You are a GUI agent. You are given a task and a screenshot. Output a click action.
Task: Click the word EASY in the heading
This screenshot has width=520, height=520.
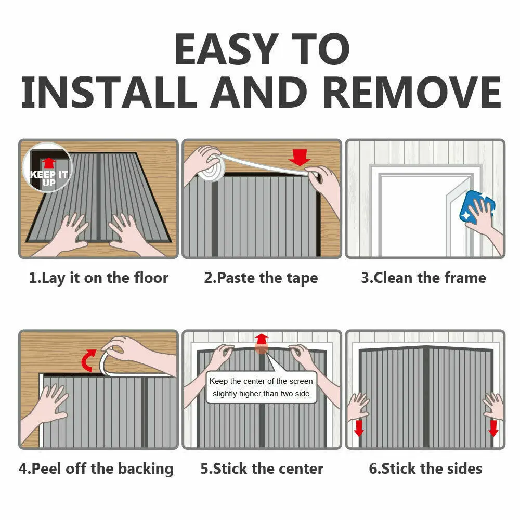click(x=227, y=49)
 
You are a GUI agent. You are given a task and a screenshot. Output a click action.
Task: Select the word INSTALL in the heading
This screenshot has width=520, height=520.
click(x=109, y=92)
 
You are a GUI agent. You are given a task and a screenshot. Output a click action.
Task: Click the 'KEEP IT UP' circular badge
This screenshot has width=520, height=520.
click(x=48, y=167)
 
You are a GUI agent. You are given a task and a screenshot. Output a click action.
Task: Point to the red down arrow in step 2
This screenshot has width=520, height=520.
click(x=300, y=157)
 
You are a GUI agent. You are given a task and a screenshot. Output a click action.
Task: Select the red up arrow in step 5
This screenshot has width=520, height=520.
click(x=262, y=339)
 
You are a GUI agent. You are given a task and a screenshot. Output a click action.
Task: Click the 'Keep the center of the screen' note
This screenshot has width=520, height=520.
click(x=262, y=387)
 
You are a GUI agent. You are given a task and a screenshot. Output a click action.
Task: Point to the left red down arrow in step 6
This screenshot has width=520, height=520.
click(x=359, y=428)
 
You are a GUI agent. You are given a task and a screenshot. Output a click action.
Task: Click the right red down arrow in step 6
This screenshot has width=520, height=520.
click(x=493, y=428)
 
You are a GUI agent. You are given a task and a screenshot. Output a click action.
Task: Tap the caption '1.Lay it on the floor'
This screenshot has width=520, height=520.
click(x=98, y=278)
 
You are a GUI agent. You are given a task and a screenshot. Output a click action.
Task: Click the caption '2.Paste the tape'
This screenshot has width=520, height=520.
click(x=261, y=278)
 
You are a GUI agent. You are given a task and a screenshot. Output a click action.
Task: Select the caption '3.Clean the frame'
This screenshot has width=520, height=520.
click(x=423, y=278)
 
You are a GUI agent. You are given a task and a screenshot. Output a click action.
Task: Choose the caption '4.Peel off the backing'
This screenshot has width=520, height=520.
click(x=96, y=469)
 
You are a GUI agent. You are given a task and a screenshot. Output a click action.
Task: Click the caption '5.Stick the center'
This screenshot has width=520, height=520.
click(x=262, y=469)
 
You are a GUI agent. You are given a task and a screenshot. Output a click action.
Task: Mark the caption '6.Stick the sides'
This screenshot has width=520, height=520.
click(x=425, y=469)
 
